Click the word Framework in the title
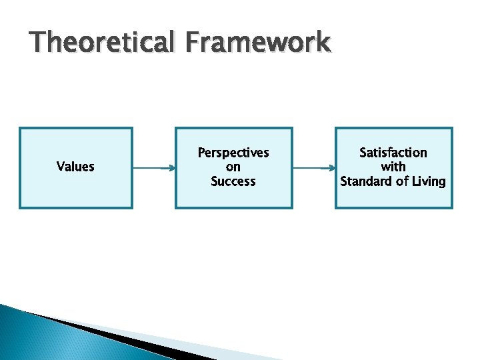pyautogui.click(x=258, y=43)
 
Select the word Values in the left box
pyautogui.click(x=75, y=167)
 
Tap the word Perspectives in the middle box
pyautogui.click(x=233, y=153)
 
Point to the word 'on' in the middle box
pyautogui.click(x=233, y=167)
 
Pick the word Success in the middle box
pyautogui.click(x=233, y=181)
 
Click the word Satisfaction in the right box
pyautogui.click(x=393, y=153)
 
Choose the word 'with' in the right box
pyautogui.click(x=393, y=167)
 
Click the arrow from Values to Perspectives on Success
pyautogui.click(x=153, y=168)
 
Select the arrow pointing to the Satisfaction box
pyautogui.click(x=313, y=168)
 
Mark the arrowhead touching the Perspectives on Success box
pyautogui.click(x=171, y=168)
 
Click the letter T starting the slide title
pyautogui.click(x=38, y=43)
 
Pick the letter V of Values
pyautogui.click(x=60, y=167)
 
